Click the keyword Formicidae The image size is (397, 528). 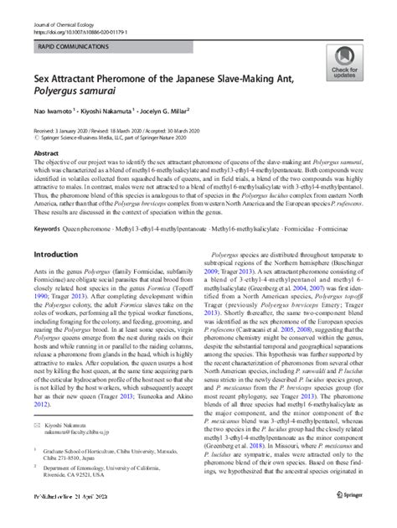(x=286, y=229)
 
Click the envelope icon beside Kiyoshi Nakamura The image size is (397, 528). (x=35, y=425)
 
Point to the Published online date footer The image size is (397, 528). (x=67, y=520)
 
